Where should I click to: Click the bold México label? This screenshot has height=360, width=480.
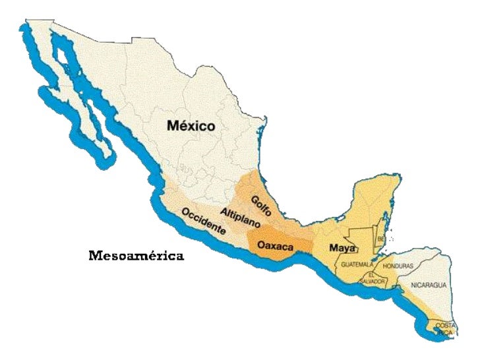pos(191,125)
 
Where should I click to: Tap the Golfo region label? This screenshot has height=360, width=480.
pos(260,206)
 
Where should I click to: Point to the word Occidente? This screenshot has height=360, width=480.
pos(203,222)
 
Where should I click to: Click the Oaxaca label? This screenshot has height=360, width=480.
pos(275,245)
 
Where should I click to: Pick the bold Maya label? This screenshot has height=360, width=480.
pos(343,249)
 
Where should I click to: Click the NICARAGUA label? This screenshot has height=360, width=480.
pos(429,285)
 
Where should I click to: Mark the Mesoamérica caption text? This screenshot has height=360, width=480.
pos(136,255)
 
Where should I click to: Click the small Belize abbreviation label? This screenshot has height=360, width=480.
pos(382,239)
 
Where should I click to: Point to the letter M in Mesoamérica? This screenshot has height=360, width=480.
pos(95,255)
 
